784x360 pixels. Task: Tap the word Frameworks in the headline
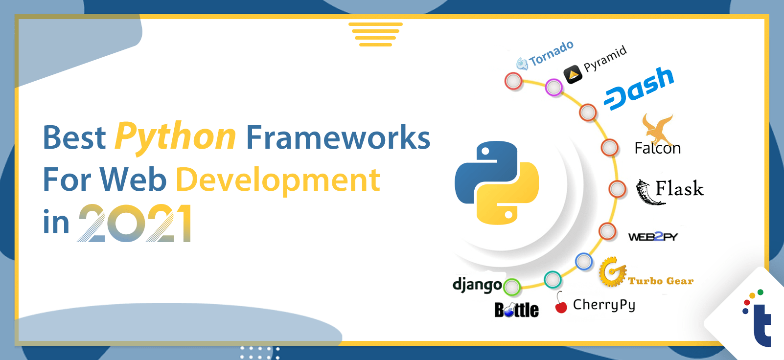click(338, 137)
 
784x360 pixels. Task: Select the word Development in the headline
click(278, 180)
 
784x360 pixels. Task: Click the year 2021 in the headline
click(135, 223)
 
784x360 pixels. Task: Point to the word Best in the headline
click(74, 137)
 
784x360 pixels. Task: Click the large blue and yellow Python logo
click(497, 182)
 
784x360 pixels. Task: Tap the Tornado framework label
click(545, 55)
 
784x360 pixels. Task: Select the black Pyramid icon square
click(573, 74)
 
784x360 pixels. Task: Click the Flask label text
click(679, 189)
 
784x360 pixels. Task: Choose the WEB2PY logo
click(653, 237)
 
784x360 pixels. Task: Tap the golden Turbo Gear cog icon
click(612, 272)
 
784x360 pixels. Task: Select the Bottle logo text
click(517, 310)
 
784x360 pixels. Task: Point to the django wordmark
click(478, 285)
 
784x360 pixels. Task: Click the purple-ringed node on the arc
click(553, 88)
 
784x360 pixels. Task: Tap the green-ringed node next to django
click(512, 287)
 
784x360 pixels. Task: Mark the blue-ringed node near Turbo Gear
click(584, 261)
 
